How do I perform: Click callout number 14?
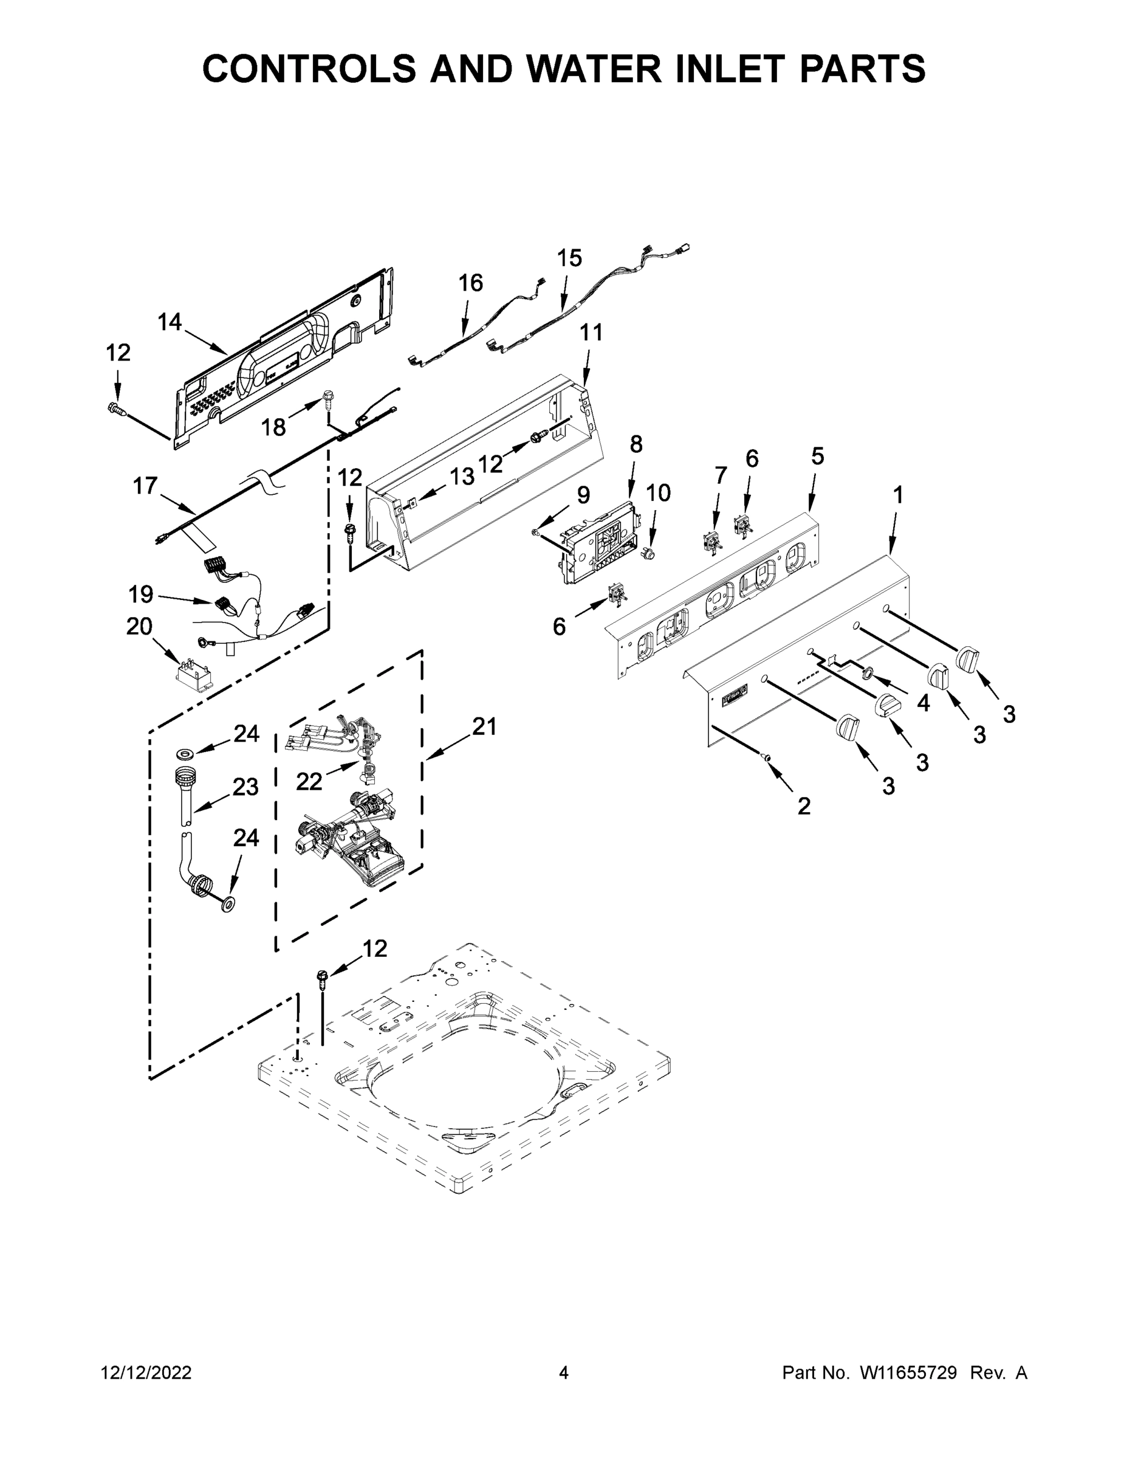(x=170, y=322)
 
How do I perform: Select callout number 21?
(x=485, y=726)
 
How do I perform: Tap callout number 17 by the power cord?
(x=145, y=486)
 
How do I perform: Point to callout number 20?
(x=140, y=627)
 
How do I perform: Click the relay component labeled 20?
(x=194, y=677)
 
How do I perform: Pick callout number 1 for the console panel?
(x=898, y=495)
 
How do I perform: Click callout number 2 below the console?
(x=804, y=806)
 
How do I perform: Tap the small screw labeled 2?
(x=767, y=757)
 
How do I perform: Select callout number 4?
(x=923, y=703)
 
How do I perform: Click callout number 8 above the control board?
(x=635, y=444)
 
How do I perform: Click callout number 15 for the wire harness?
(x=569, y=258)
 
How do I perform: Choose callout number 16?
(x=471, y=283)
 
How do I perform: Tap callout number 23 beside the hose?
(x=245, y=787)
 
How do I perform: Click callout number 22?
(x=309, y=781)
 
